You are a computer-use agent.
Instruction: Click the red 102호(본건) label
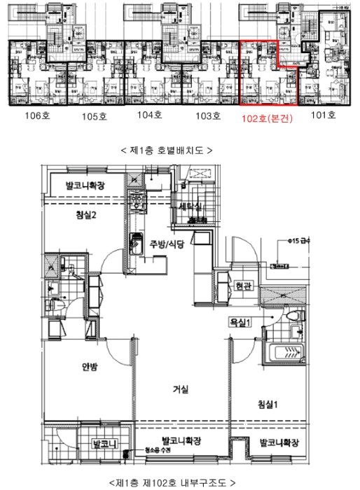pyautogui.click(x=267, y=118)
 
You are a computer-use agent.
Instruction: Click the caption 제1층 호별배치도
pyautogui.click(x=166, y=150)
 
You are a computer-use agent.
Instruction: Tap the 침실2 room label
pyautogui.click(x=85, y=215)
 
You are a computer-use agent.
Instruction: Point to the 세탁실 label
pyautogui.click(x=191, y=208)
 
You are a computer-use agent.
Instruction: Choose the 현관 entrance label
pyautogui.click(x=243, y=286)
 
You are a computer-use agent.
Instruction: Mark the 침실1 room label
pyautogui.click(x=268, y=404)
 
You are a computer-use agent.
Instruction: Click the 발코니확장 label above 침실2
pyautogui.click(x=85, y=186)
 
